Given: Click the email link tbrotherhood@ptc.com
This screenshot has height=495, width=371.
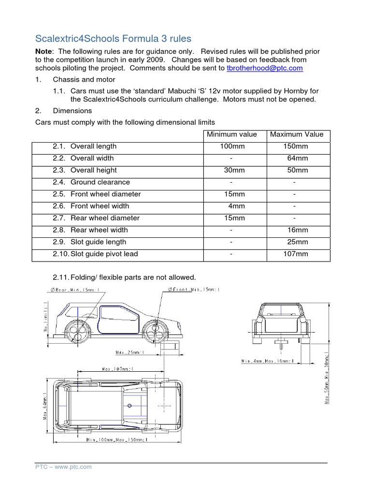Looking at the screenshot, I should (264, 68).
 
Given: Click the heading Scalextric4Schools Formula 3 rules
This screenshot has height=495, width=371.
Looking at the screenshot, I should (114, 39).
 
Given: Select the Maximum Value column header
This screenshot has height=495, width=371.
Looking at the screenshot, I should (297, 134).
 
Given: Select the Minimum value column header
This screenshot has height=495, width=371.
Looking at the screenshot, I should (232, 134).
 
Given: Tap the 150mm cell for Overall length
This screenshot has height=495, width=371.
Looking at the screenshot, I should (295, 146).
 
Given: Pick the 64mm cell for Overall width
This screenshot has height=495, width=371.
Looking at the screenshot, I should (298, 158).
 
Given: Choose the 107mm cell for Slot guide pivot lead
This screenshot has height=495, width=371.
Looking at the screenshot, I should (295, 254).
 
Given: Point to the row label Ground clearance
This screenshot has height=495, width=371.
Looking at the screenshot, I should (100, 182).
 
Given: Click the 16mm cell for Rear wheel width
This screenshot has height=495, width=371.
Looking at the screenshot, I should (298, 230).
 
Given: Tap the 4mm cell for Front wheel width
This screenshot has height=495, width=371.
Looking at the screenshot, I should (236, 206).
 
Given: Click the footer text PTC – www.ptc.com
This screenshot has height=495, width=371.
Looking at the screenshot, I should (63, 467).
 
